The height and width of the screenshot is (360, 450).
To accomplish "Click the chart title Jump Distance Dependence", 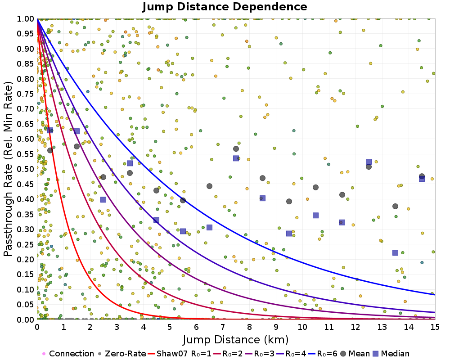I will [225, 7].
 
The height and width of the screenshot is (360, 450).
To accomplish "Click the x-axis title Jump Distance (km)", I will [235, 339].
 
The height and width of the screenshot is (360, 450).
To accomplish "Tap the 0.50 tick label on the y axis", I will [26, 169].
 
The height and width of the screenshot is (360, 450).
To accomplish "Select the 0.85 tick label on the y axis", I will [26, 63].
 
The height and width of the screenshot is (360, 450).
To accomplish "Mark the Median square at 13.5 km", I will [395, 252].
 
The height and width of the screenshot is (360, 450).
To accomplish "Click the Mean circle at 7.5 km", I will [236, 149].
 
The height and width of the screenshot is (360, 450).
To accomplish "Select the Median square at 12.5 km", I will [369, 162].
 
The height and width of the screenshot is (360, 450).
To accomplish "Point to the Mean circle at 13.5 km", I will [395, 206].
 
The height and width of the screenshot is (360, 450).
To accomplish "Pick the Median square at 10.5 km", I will [315, 215].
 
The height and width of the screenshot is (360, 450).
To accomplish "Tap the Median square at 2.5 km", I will [103, 199].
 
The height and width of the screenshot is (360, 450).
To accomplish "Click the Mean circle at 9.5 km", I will [289, 201].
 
